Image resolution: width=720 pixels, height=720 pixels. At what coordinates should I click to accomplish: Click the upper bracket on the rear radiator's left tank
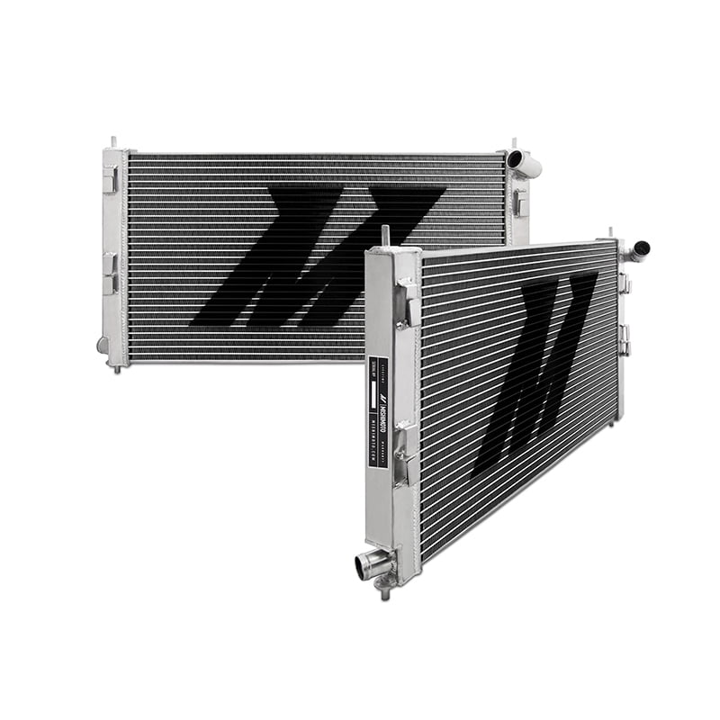tap(110, 180)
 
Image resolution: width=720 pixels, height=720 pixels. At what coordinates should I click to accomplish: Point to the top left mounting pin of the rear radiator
tap(113, 143)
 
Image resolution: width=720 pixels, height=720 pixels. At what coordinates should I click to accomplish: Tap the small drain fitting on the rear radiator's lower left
tap(103, 345)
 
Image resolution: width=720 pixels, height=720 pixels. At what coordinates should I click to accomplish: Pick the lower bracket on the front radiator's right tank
tap(624, 340)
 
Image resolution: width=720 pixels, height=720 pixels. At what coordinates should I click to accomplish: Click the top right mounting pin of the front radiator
tap(612, 233)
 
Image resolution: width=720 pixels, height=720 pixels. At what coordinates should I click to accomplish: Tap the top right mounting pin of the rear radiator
tap(515, 143)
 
